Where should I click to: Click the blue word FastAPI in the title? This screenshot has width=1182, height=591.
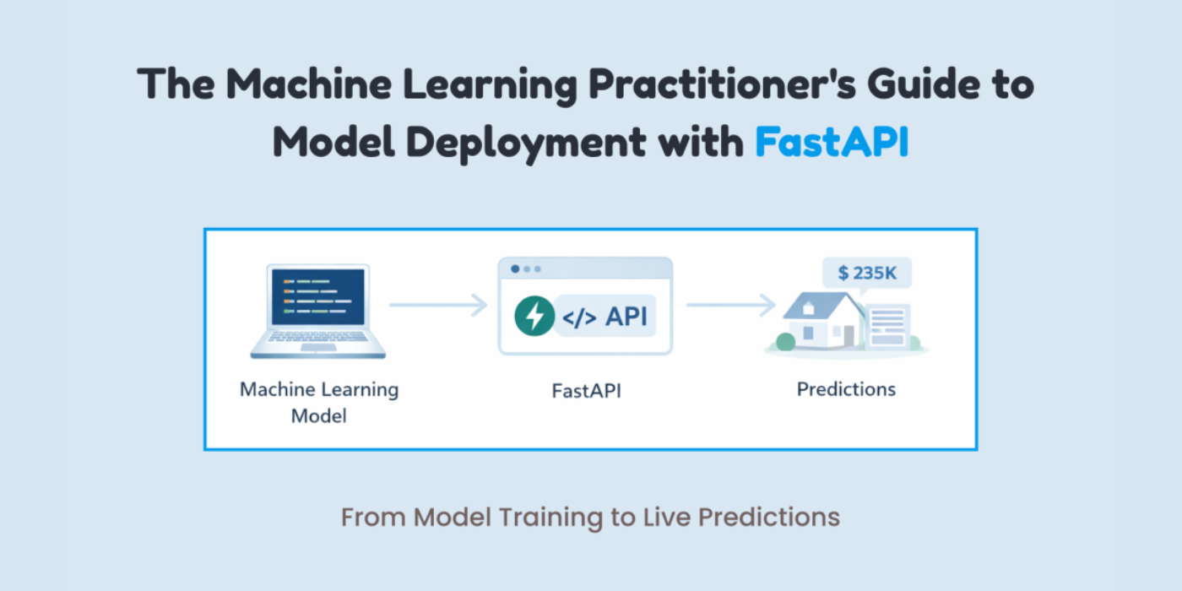(832, 141)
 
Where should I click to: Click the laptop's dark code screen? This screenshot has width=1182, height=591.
(318, 296)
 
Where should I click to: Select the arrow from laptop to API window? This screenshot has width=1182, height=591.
(438, 305)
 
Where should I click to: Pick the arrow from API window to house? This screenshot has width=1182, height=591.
(730, 305)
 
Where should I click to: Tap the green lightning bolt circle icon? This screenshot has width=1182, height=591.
(534, 317)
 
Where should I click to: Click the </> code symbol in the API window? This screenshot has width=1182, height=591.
(581, 317)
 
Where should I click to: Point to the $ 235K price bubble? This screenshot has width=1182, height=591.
(867, 273)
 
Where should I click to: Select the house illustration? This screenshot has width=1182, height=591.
(823, 321)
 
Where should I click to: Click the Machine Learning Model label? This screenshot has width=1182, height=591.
(318, 402)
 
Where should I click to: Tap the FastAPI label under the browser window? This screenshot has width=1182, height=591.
(586, 391)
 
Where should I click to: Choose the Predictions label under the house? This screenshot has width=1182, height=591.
(846, 389)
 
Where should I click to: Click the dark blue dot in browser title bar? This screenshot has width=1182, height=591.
(514, 269)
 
